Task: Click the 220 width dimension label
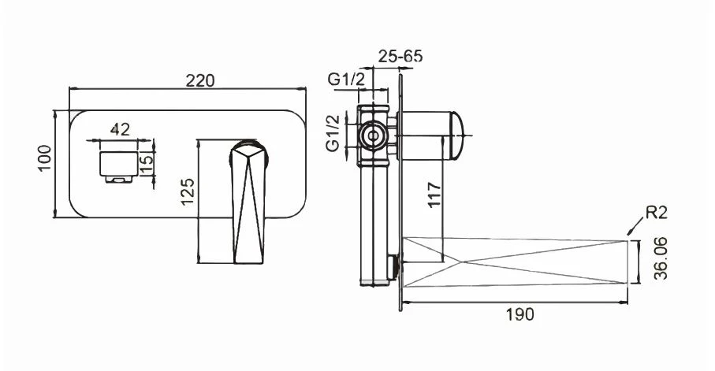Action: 199,80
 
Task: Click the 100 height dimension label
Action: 45,158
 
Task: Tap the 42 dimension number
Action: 120,129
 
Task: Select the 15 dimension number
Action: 147,164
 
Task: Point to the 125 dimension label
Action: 188,192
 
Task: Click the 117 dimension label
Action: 434,195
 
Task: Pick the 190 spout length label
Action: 520,314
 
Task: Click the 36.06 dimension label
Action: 661,258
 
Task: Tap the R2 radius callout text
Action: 657,212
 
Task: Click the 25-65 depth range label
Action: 400,56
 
